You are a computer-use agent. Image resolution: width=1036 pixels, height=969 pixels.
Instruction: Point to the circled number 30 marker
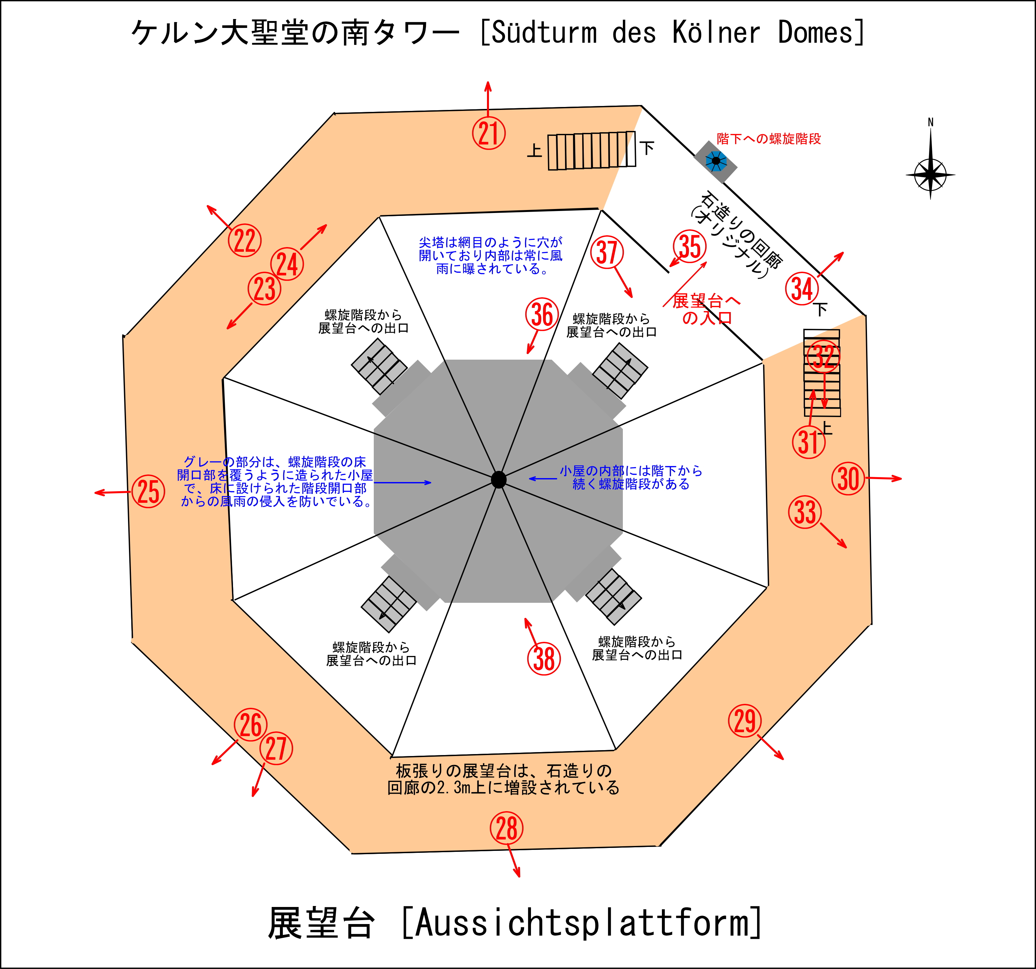[848, 478]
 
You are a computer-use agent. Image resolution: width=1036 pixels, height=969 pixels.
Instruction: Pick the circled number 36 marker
[542, 314]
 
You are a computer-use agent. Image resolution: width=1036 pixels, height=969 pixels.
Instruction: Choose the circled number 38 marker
[544, 659]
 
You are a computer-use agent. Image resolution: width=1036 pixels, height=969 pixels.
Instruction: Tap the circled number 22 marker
[244, 240]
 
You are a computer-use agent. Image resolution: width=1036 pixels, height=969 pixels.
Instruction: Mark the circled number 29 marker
[744, 721]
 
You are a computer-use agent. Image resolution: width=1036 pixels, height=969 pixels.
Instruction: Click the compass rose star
[930, 175]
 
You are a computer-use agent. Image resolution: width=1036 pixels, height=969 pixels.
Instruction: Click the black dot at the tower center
[499, 480]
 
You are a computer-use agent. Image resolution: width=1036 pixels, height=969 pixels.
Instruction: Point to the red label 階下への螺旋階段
[768, 138]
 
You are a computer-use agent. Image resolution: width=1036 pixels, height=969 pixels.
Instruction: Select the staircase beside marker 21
[591, 151]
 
